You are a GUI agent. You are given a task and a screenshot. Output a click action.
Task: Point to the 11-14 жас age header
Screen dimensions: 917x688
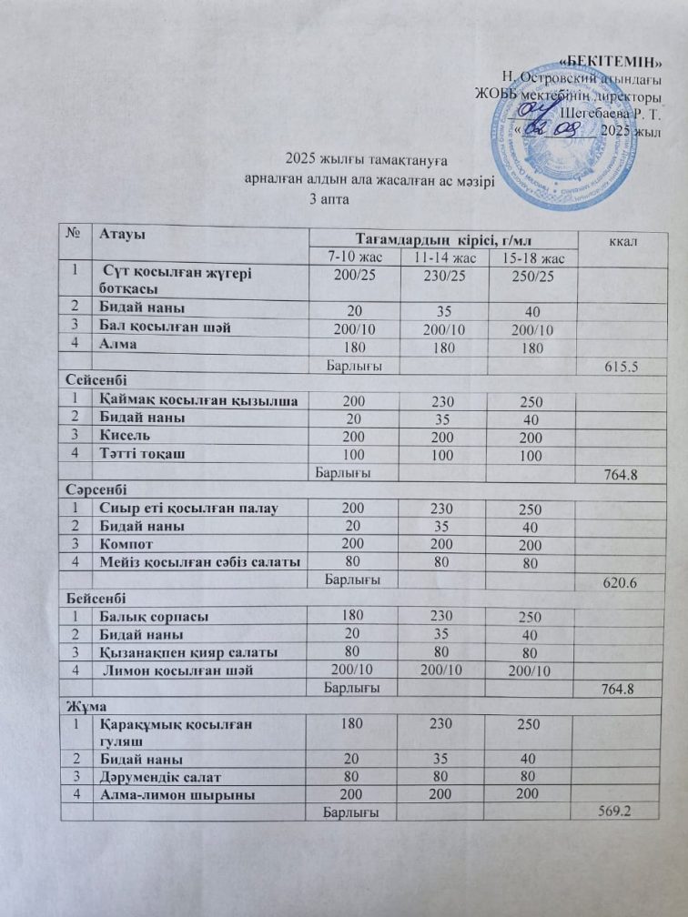tap(444, 258)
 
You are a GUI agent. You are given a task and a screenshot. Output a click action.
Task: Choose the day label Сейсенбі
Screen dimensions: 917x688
tap(90, 382)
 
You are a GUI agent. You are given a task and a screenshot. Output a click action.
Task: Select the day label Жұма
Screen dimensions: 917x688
tap(79, 705)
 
